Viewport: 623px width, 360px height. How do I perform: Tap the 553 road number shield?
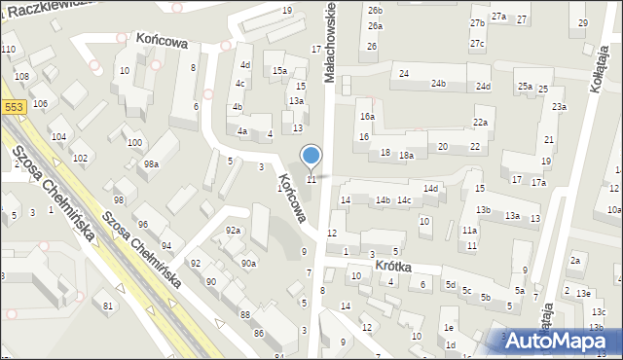pyautogui.click(x=13, y=108)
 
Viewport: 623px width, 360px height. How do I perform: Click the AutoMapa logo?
pyautogui.click(x=555, y=340)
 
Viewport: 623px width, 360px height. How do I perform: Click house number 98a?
pyautogui.click(x=151, y=164)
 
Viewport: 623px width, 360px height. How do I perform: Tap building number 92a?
pyautogui.click(x=233, y=230)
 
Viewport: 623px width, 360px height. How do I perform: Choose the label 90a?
pyautogui.click(x=249, y=263)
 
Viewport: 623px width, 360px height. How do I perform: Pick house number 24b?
pyautogui.click(x=439, y=84)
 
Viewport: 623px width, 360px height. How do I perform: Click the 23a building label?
pyautogui.click(x=559, y=106)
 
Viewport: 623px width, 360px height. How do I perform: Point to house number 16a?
pyautogui.click(x=366, y=116)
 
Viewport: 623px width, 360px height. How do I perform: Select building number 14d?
pyautogui.click(x=430, y=188)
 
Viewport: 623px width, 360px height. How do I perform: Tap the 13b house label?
pyautogui.click(x=483, y=210)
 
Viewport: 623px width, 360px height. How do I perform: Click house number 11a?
pyautogui.click(x=469, y=231)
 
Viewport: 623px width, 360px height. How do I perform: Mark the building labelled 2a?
pyautogui.click(x=575, y=259)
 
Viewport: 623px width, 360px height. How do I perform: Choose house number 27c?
pyautogui.click(x=477, y=43)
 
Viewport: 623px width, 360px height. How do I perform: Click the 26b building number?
pyautogui.click(x=375, y=9)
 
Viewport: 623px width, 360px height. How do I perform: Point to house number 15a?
pyautogui.click(x=278, y=70)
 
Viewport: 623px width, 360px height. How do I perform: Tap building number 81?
pyautogui.click(x=108, y=306)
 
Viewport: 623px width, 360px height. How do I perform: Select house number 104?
pyautogui.click(x=58, y=136)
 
